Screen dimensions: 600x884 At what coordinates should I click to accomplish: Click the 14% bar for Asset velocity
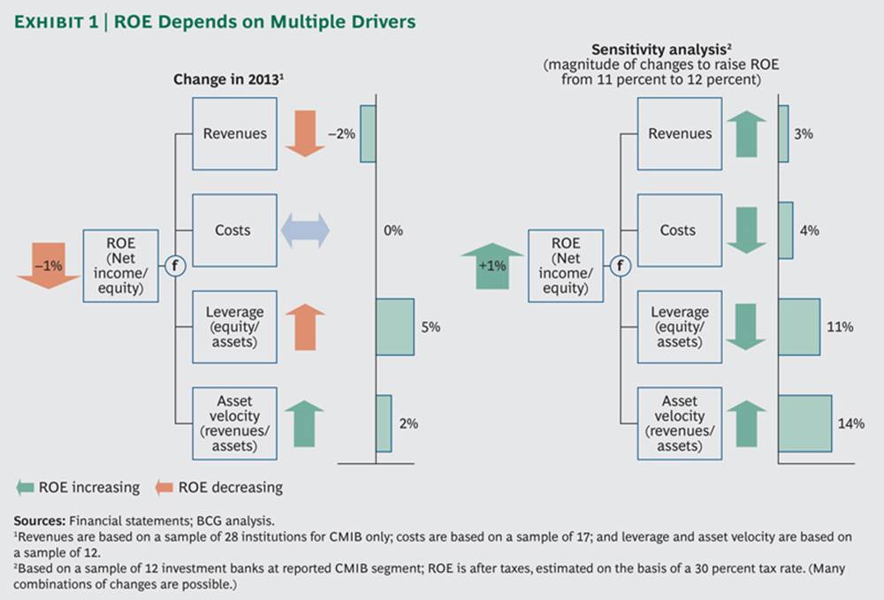(x=804, y=423)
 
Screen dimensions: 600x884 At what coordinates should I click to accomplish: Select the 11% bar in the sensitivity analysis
(x=799, y=327)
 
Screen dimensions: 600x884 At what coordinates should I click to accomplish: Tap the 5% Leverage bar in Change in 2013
(x=394, y=327)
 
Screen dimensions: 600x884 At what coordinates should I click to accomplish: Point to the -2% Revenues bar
(x=367, y=133)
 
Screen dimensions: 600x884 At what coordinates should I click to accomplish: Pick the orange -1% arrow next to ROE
(x=48, y=266)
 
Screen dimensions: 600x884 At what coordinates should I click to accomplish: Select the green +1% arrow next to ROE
(x=492, y=266)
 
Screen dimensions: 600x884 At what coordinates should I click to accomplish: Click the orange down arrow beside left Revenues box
(x=306, y=128)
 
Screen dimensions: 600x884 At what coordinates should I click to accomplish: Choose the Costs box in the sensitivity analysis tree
(x=678, y=231)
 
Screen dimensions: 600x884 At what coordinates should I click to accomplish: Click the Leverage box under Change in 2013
(x=233, y=327)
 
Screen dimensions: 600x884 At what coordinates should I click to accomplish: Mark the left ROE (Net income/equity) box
(x=120, y=266)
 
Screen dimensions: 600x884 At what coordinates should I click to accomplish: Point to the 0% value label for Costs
(x=393, y=231)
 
